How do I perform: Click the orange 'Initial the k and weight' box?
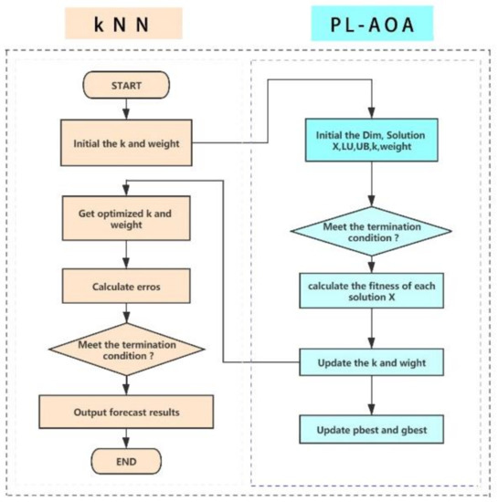125,142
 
